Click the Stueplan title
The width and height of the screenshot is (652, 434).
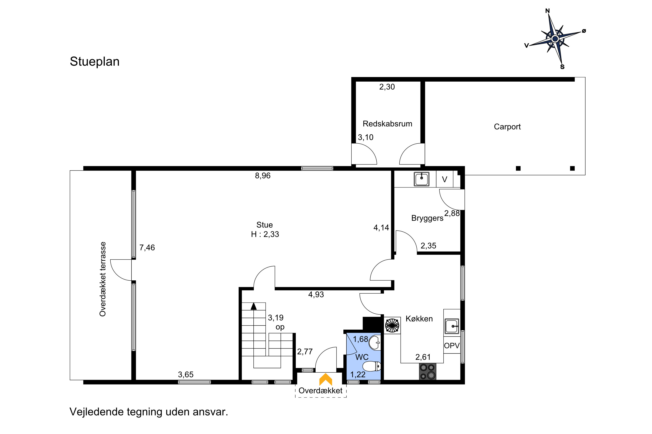95,62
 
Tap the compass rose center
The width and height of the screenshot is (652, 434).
555,39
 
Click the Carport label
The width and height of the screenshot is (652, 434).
507,127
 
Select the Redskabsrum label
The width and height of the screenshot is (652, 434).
387,124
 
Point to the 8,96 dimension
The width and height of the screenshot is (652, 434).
263,176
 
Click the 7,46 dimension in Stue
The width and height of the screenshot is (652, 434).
147,247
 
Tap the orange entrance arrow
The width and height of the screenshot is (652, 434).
326,380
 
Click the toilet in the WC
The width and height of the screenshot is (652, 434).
372,366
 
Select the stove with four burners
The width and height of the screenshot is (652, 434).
427,372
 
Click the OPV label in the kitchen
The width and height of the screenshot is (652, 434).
452,345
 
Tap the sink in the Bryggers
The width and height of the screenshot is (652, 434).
422,179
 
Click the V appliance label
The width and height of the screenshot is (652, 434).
445,180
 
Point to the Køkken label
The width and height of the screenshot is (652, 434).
419,319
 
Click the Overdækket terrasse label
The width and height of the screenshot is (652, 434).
103,279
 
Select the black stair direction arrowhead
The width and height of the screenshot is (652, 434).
254,306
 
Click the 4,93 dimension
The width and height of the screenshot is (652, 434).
316,294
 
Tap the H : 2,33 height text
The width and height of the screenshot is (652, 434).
265,234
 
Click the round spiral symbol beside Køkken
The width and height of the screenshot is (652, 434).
392,325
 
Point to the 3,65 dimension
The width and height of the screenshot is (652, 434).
186,375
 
